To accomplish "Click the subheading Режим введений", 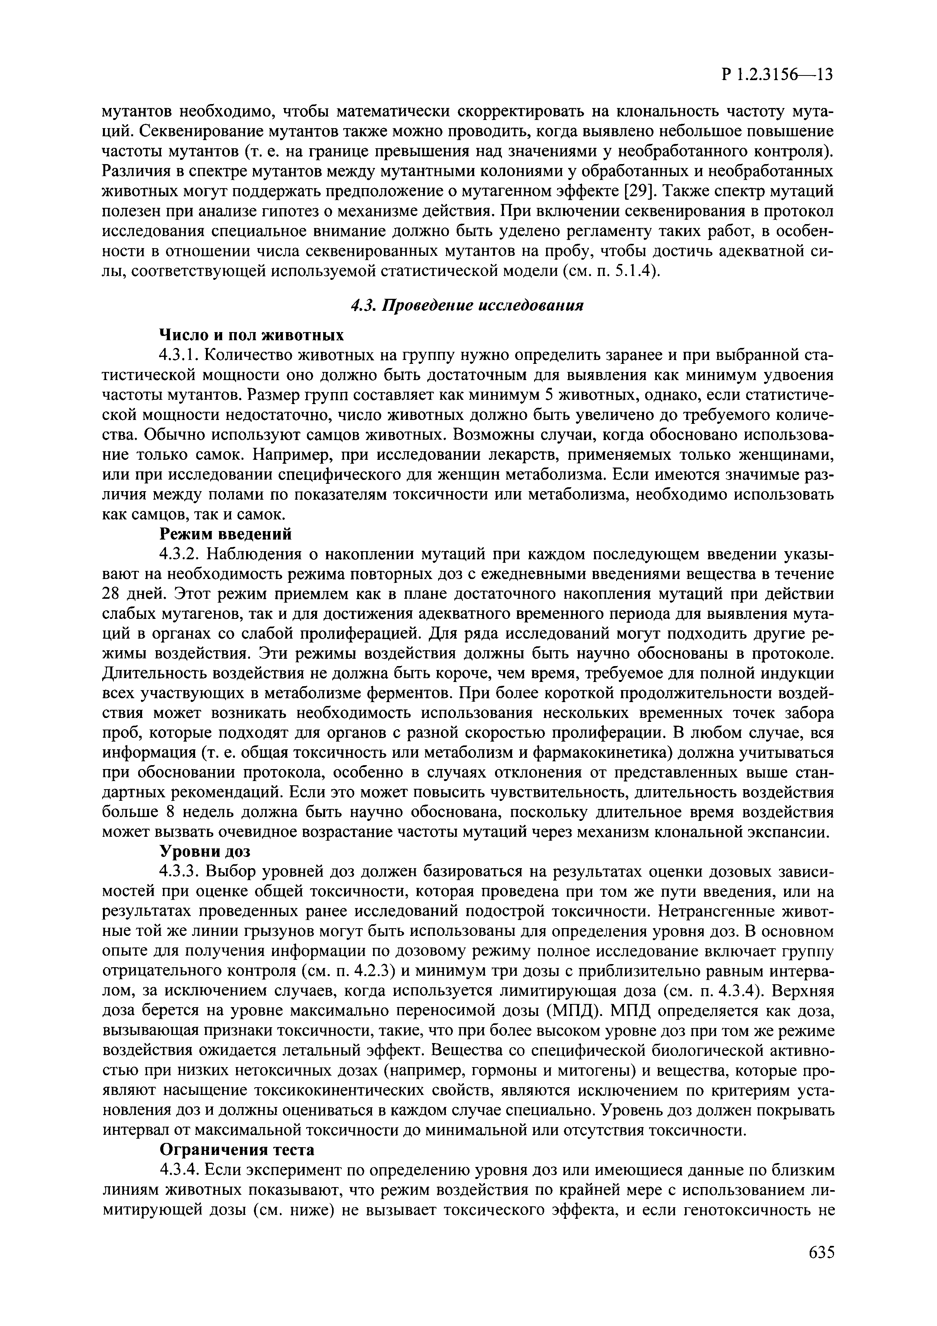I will click(225, 534).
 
